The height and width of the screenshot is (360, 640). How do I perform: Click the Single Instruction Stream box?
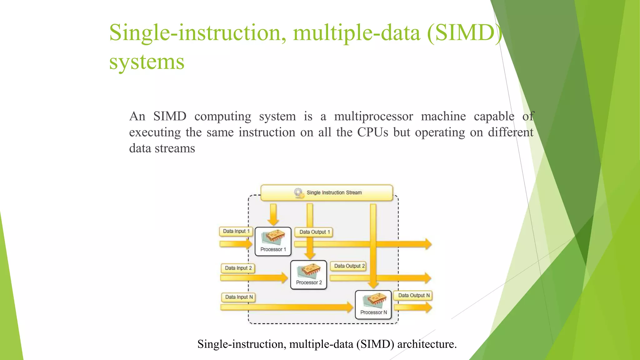(x=327, y=193)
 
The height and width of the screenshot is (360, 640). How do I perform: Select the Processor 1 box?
(x=273, y=242)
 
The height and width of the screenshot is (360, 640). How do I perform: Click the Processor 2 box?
(x=308, y=275)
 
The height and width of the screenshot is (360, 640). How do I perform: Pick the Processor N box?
(x=373, y=305)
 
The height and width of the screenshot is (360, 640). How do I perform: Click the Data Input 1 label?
(x=236, y=231)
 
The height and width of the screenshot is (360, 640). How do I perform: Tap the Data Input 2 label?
(x=238, y=268)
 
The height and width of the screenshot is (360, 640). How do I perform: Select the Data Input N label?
(x=239, y=297)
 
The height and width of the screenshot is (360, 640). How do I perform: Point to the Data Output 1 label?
(x=314, y=232)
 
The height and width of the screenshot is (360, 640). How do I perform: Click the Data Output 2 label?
(x=349, y=266)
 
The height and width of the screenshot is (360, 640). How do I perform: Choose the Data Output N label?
(x=413, y=295)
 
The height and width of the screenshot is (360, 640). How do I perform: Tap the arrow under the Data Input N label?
(x=286, y=307)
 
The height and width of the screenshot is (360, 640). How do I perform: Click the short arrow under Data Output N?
(x=413, y=307)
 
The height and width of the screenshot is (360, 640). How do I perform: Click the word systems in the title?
(x=147, y=62)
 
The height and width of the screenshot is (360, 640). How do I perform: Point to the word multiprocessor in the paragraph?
(x=373, y=117)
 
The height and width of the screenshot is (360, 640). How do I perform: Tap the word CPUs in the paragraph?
(x=372, y=132)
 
